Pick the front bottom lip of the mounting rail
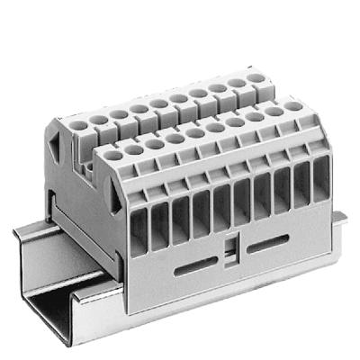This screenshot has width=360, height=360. [x=99, y=319]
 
